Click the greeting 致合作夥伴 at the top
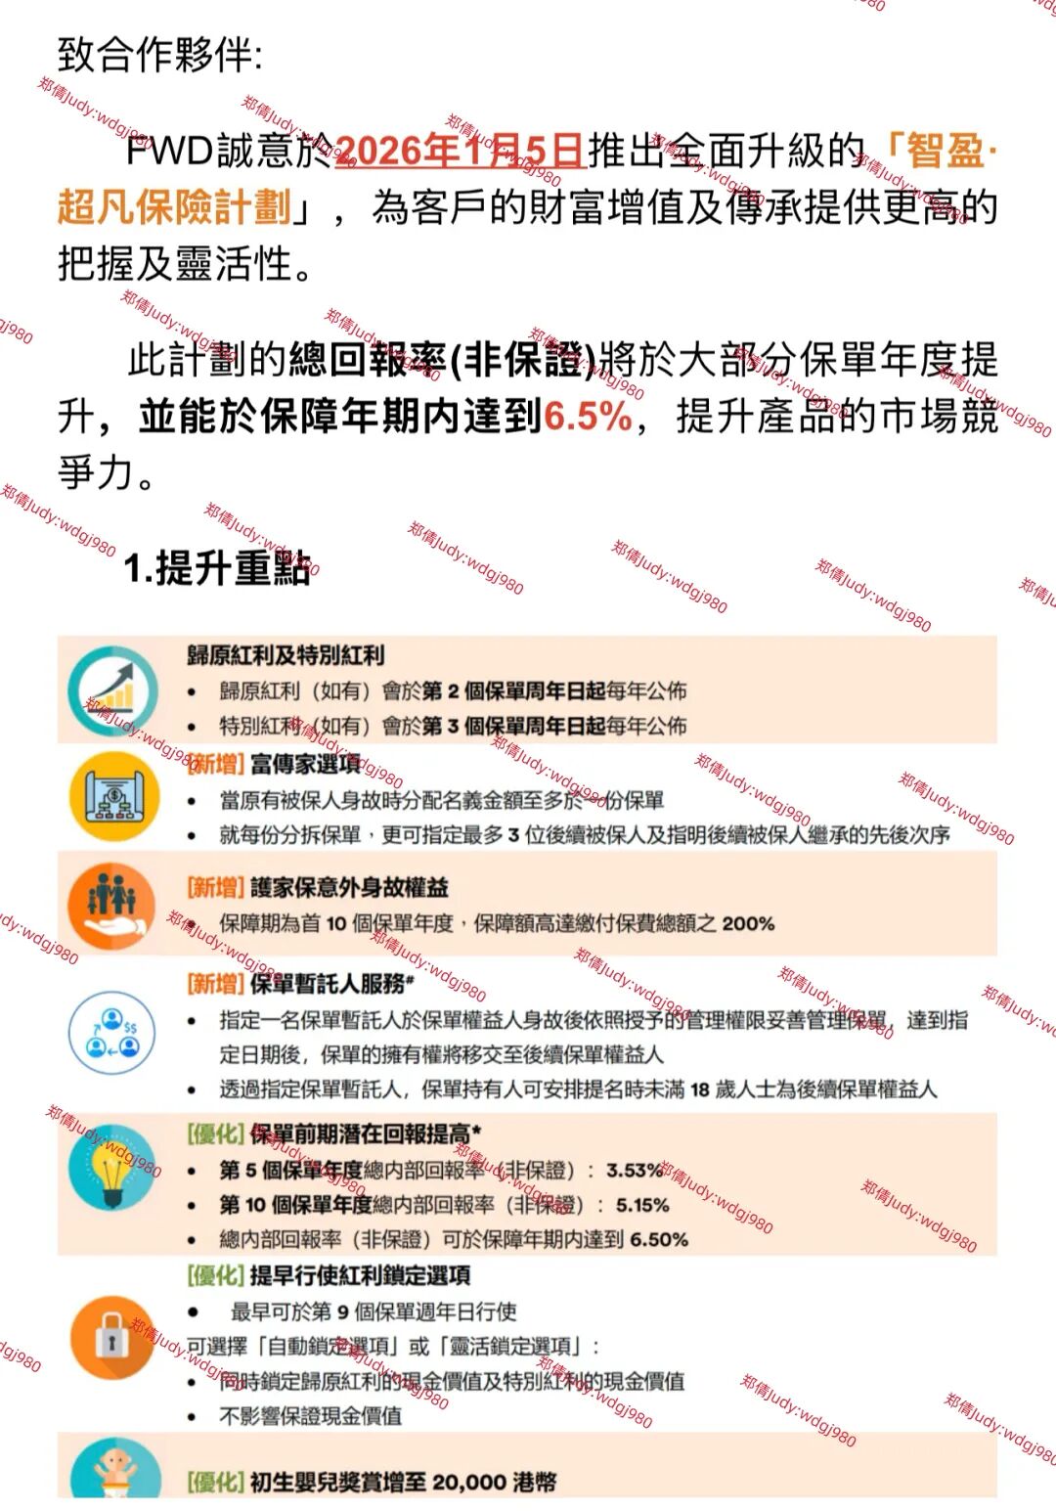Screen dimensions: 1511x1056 (158, 55)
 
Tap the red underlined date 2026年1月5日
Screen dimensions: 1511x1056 (460, 151)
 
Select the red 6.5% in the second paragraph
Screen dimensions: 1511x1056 (589, 417)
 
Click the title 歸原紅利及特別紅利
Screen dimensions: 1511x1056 (286, 655)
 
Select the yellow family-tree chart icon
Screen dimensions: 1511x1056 (113, 797)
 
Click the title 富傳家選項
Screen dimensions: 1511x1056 (305, 764)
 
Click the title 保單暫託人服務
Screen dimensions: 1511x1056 (329, 983)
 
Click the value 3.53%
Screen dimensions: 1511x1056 (635, 1170)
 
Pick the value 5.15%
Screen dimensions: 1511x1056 (642, 1205)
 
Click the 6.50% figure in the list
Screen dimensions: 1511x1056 (659, 1240)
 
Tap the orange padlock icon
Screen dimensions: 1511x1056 (112, 1337)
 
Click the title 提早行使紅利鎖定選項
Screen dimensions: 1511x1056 (360, 1275)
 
